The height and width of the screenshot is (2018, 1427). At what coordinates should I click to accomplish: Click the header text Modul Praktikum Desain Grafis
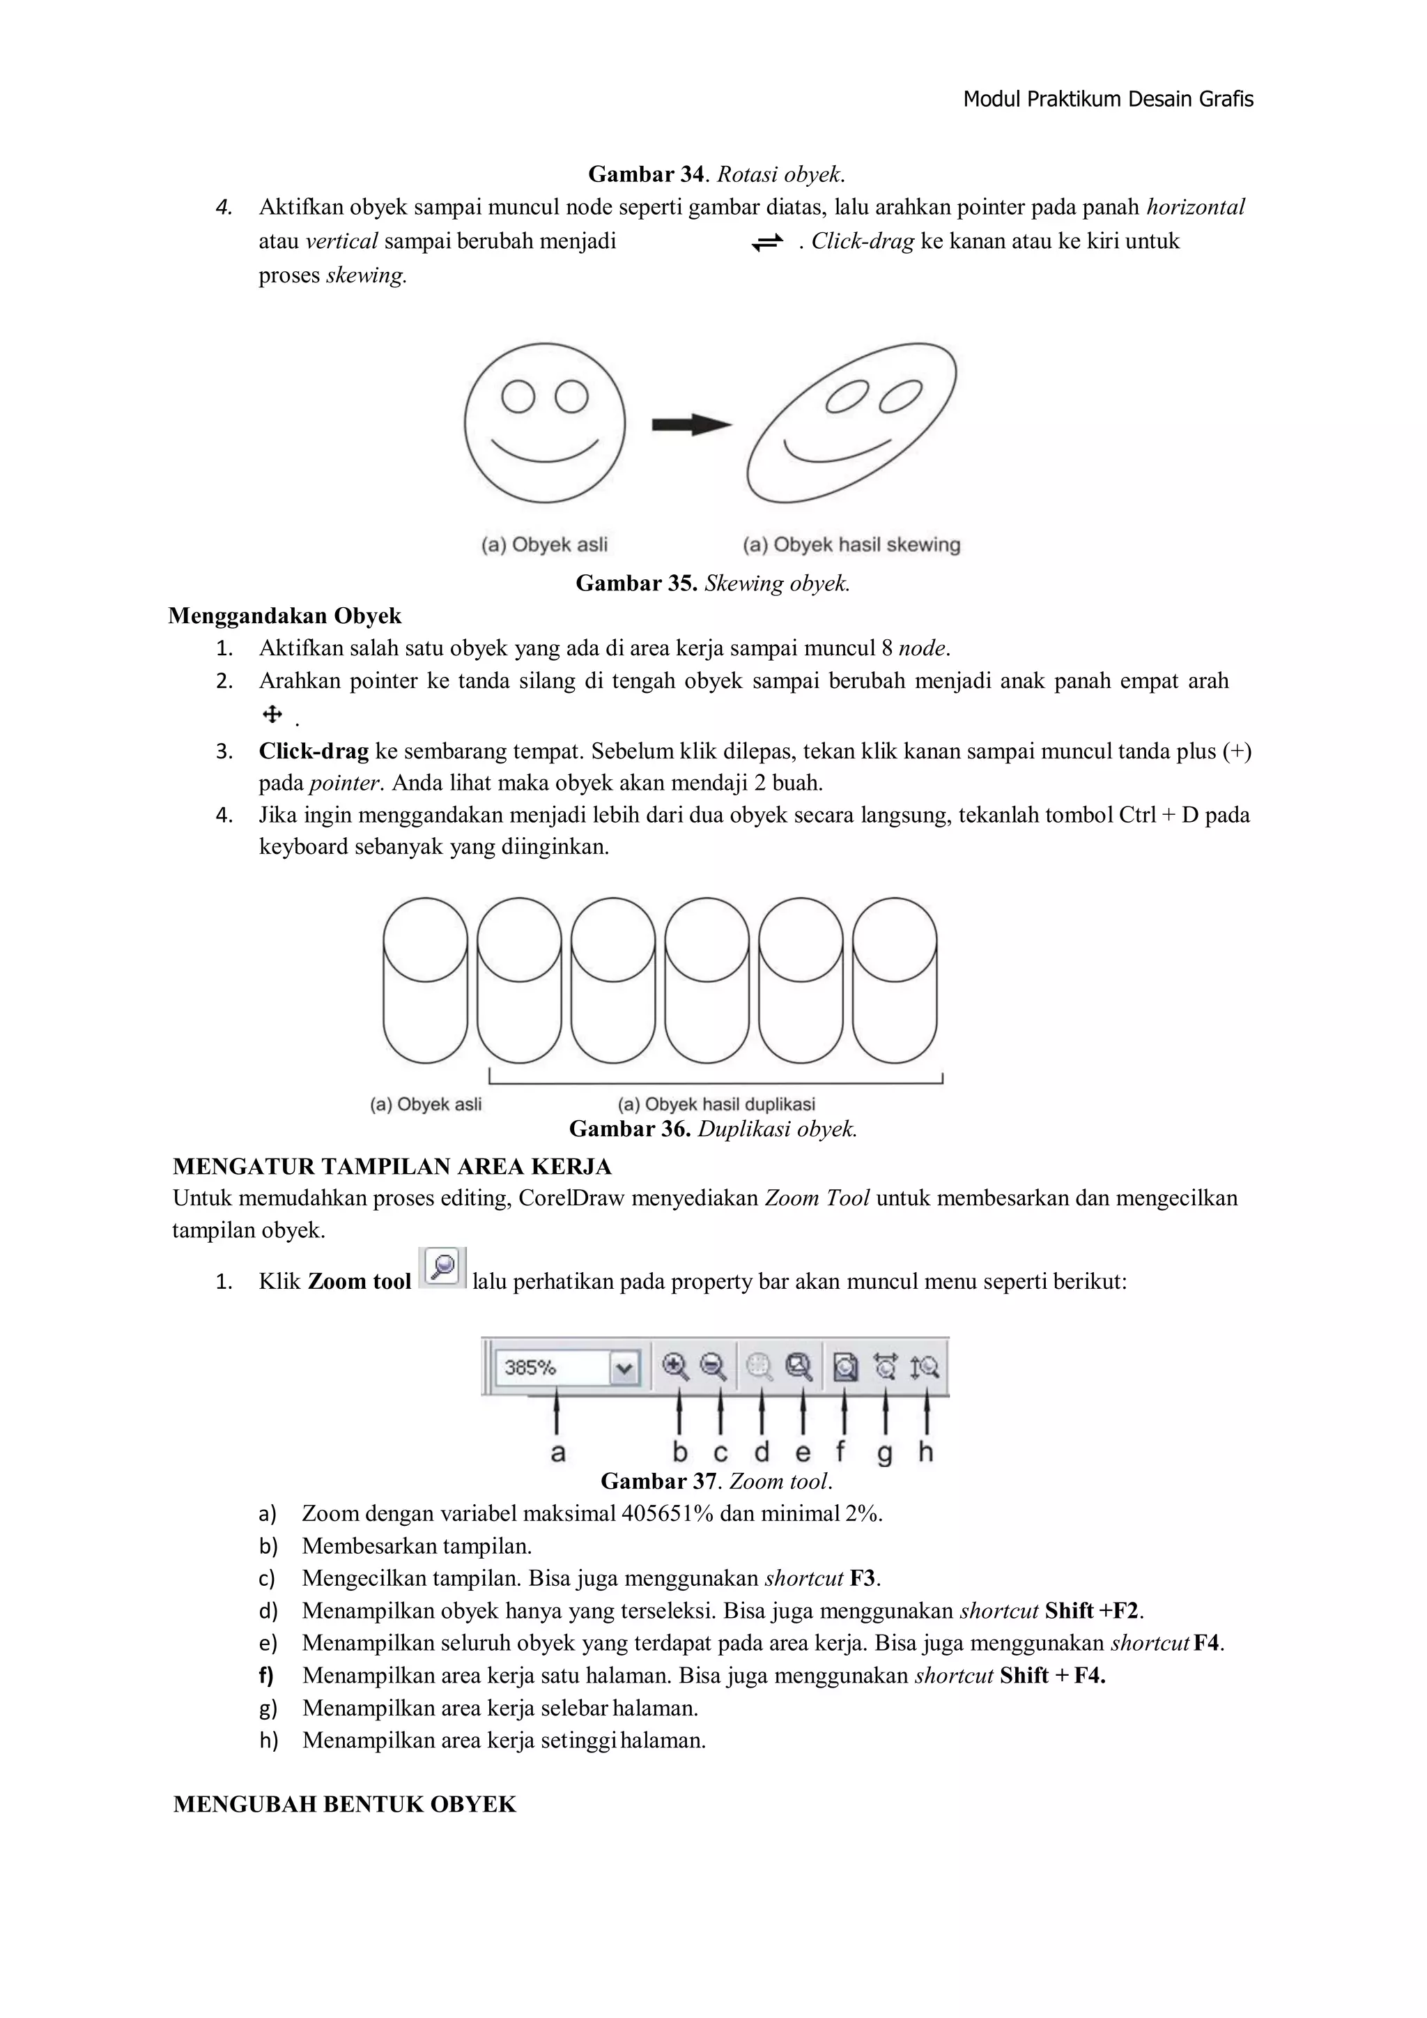(1107, 99)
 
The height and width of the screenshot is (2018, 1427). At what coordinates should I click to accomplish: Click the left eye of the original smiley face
(518, 397)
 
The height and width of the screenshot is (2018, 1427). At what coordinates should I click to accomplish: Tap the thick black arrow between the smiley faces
(691, 425)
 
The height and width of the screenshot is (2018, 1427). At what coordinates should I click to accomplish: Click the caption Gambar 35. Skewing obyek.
(713, 583)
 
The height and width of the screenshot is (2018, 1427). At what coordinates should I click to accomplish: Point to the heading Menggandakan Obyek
(285, 616)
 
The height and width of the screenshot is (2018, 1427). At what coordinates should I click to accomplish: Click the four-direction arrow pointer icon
(272, 714)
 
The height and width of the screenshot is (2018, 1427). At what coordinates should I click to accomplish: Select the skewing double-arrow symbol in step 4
(767, 243)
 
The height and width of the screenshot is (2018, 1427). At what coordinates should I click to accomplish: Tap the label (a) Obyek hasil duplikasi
(716, 1104)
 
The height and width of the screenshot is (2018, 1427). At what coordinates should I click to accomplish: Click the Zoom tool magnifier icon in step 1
(443, 1268)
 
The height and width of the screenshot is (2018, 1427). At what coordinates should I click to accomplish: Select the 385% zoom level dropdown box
(566, 1368)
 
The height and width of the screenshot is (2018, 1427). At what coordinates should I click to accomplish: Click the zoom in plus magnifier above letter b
(676, 1367)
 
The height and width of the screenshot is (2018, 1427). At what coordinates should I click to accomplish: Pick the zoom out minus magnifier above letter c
(713, 1367)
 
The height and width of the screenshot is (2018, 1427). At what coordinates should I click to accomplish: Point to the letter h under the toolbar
(925, 1451)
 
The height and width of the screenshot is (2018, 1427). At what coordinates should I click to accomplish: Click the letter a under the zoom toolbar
(557, 1453)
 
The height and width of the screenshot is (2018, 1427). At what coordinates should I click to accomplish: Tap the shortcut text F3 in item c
(863, 1579)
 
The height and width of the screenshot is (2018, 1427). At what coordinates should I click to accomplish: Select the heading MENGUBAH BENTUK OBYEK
(344, 1805)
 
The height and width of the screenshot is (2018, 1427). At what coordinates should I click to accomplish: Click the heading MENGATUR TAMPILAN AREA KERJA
(392, 1166)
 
